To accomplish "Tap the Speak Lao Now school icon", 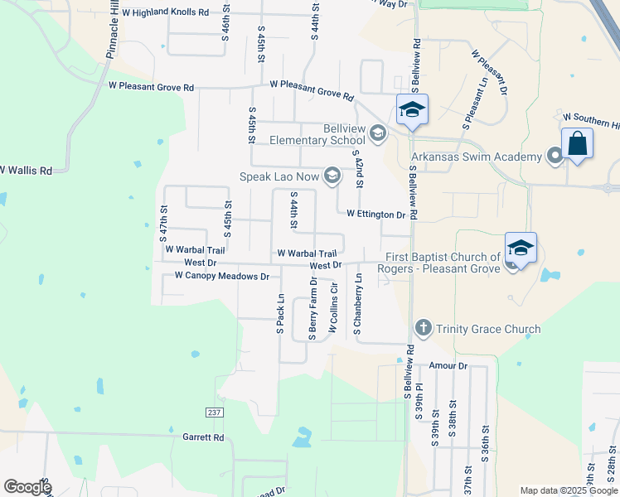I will coord(332,175).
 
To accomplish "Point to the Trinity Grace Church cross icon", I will coord(423,329).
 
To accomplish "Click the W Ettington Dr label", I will coord(375,214).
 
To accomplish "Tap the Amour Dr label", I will coord(448,365).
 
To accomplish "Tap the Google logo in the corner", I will coord(27,487).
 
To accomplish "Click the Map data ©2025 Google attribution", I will coord(568,490).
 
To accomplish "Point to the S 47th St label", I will coord(163,224).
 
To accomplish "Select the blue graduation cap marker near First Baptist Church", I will coord(521,248).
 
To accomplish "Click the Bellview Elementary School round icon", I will coord(378,133).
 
